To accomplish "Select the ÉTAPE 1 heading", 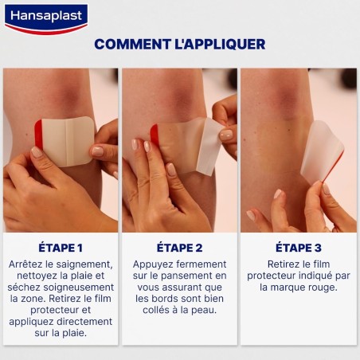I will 61,247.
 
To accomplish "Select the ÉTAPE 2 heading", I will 180,247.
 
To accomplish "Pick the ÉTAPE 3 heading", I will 299,247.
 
